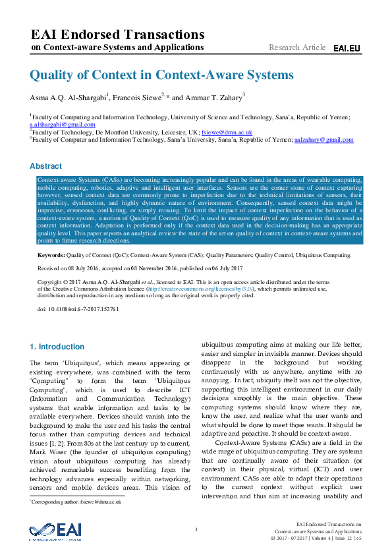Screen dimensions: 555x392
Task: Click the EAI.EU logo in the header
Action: coord(347,48)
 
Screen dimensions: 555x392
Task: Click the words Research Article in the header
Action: coord(297,47)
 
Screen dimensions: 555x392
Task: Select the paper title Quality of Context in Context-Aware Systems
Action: coord(162,75)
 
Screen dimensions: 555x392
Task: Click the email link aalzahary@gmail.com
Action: coord(324,140)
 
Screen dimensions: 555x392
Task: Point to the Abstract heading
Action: coord(46,166)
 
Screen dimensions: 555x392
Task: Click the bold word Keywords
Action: coord(51,254)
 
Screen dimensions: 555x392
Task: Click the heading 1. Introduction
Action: coord(57,347)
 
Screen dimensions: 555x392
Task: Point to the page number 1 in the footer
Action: coord(196,530)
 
